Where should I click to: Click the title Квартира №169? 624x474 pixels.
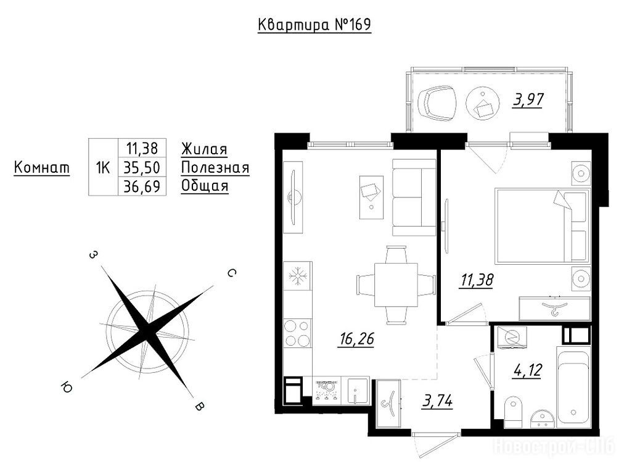(314, 25)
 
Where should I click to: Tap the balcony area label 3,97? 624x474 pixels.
(528, 99)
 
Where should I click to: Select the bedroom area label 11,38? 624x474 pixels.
(477, 280)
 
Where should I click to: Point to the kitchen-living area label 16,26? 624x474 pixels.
(356, 339)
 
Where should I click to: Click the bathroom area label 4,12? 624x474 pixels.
(527, 370)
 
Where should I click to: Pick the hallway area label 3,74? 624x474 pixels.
(438, 401)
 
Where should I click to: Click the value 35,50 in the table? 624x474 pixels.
(142, 168)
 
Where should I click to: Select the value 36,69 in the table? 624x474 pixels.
(142, 186)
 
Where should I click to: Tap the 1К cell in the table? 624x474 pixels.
(103, 168)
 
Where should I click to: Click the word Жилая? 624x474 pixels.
(204, 149)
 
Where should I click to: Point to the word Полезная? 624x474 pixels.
(215, 168)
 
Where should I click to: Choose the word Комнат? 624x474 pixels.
(42, 168)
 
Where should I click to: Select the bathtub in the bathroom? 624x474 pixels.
(573, 386)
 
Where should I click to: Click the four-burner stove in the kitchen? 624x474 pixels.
(298, 333)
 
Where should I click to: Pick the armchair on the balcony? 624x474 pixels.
(437, 102)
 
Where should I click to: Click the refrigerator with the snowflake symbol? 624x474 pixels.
(298, 276)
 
